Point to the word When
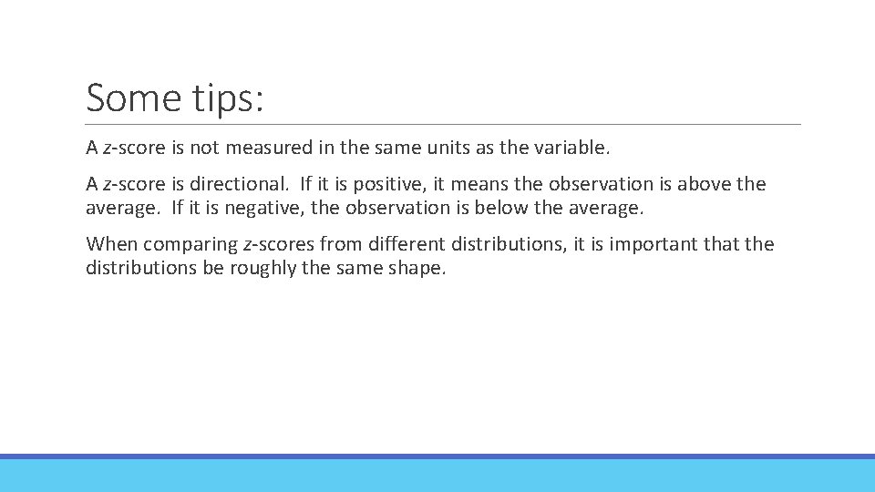111,244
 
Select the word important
649,245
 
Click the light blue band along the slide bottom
437,476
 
